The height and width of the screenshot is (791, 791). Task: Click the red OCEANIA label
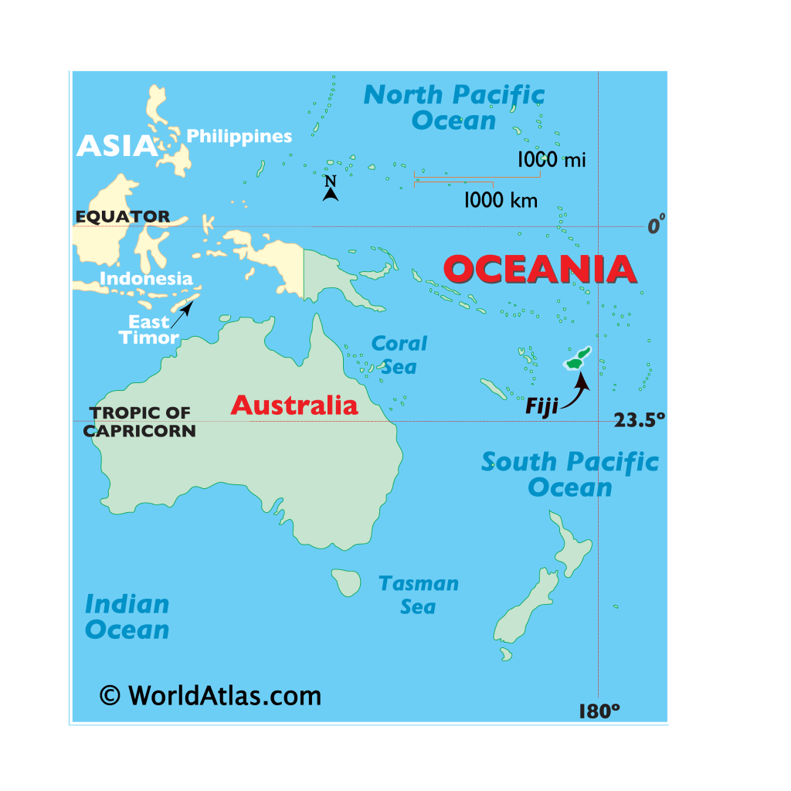tap(540, 270)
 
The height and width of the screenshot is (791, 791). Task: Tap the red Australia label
tap(294, 405)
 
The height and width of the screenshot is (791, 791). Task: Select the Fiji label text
tap(541, 407)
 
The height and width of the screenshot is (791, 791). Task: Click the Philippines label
tap(239, 137)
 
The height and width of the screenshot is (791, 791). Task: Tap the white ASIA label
tap(117, 145)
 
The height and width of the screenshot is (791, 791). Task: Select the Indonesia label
tap(146, 278)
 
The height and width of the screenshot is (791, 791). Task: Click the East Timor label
tap(148, 330)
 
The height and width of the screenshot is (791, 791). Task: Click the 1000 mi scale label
tap(552, 160)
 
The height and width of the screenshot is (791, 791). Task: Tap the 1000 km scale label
tap(501, 200)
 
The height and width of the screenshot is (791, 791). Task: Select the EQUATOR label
tap(122, 216)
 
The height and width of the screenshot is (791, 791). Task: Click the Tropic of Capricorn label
tap(139, 422)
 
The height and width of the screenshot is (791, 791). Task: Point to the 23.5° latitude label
tap(639, 419)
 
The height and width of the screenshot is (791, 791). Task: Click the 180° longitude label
tap(599, 711)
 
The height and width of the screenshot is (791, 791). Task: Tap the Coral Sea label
tap(399, 355)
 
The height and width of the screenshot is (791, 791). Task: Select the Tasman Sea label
tap(418, 595)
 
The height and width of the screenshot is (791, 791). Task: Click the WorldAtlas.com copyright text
tap(210, 695)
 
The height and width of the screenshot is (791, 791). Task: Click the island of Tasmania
tap(347, 582)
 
